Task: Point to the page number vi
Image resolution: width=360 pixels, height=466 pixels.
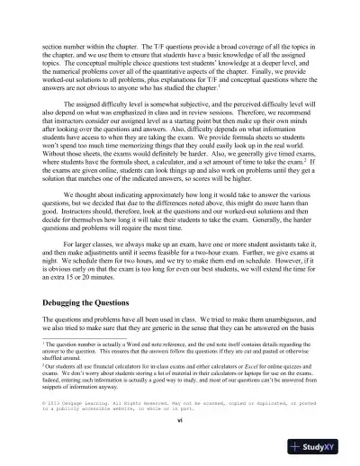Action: coord(180,420)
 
